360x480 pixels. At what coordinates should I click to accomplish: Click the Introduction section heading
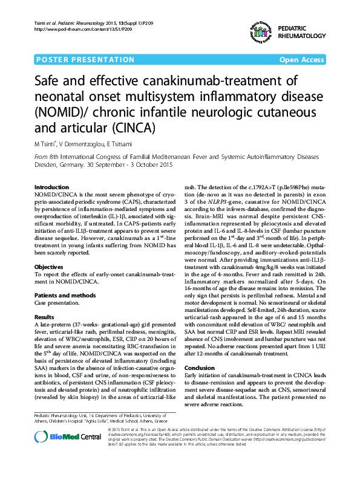pyautogui.click(x=52, y=187)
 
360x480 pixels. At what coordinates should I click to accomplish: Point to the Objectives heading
pyautogui.click(x=49, y=267)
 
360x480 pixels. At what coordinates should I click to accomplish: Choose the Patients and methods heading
pyautogui.click(x=65, y=295)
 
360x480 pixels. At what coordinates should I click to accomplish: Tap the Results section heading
pyautogui.click(x=44, y=317)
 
